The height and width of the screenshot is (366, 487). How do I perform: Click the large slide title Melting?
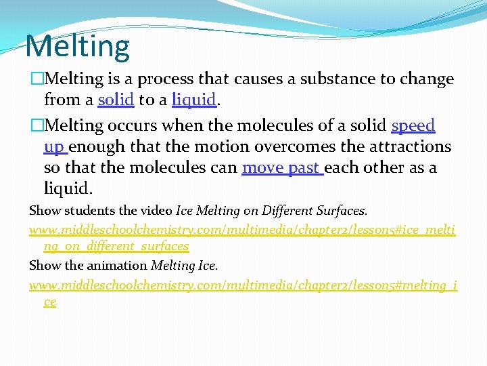pos(77,46)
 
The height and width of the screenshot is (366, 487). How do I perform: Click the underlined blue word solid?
pos(116,100)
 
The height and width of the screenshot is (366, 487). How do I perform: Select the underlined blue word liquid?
pos(194,100)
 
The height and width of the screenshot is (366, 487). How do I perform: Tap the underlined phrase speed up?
pos(413,126)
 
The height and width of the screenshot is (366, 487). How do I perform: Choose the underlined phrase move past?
pos(281,167)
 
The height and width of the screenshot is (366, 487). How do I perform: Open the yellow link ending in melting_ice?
pos(242,286)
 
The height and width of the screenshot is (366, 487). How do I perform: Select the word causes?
pos(262,79)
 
